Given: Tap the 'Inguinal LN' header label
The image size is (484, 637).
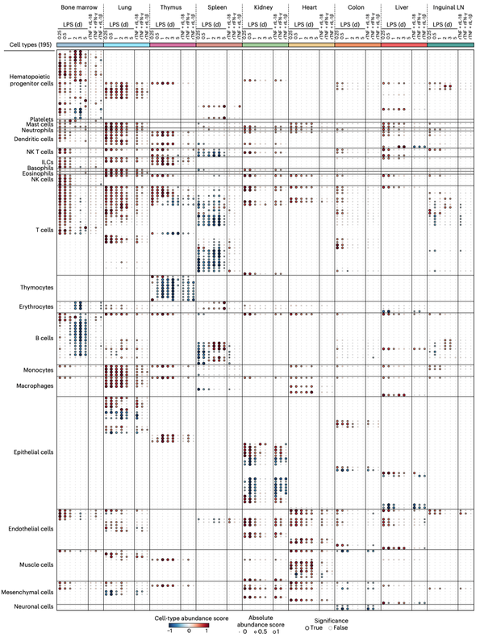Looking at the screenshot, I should point(449,7).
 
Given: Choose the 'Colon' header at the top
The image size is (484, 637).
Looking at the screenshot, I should point(357,7).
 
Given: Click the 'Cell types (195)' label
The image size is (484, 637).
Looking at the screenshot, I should point(27,47).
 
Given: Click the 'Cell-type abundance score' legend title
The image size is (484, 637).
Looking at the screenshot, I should point(188,616).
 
